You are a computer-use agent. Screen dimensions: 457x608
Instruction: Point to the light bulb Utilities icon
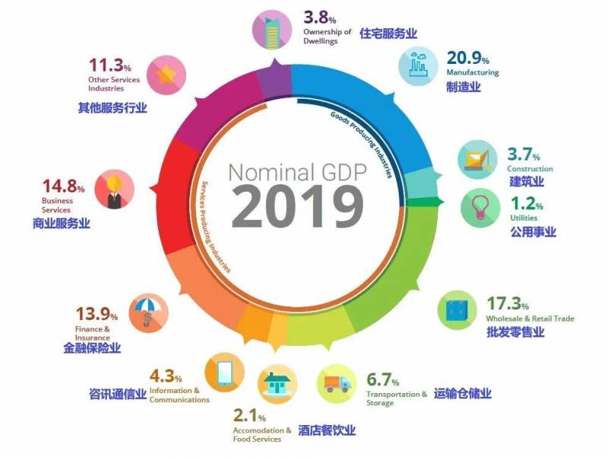[480, 206]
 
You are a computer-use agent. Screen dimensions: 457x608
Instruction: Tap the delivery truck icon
[337, 387]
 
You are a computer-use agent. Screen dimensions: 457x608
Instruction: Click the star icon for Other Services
[166, 75]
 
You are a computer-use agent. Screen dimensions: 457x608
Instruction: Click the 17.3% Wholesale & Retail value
[508, 304]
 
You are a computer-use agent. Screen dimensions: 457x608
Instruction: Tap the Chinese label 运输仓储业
[463, 393]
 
